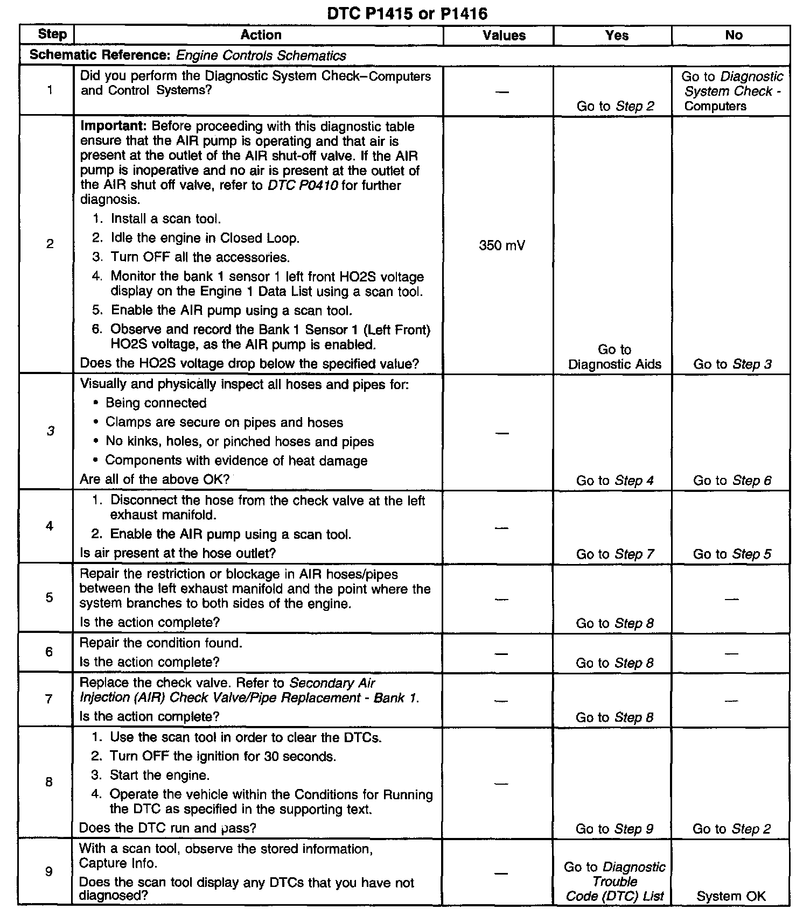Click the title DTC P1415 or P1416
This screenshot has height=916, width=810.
pyautogui.click(x=407, y=13)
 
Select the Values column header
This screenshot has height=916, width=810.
pyautogui.click(x=504, y=36)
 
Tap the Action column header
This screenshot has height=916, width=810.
pyautogui.click(x=261, y=36)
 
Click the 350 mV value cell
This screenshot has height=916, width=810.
pyautogui.click(x=502, y=246)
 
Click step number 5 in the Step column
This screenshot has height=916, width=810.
pyautogui.click(x=50, y=597)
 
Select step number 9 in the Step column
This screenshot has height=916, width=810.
pyautogui.click(x=49, y=871)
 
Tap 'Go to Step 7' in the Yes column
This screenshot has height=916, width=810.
pyautogui.click(x=615, y=554)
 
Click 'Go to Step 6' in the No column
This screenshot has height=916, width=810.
pyautogui.click(x=732, y=481)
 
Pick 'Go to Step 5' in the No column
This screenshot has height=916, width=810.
pyautogui.click(x=732, y=554)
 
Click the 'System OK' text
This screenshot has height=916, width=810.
pyautogui.click(x=731, y=896)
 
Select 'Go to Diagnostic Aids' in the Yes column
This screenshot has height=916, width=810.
pyautogui.click(x=615, y=357)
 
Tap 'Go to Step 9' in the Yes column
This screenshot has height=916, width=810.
pyautogui.click(x=615, y=829)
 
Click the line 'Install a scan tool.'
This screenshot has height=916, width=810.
pyautogui.click(x=166, y=219)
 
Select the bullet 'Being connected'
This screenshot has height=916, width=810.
pyautogui.click(x=156, y=403)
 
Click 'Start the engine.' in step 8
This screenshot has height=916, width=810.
pyautogui.click(x=159, y=776)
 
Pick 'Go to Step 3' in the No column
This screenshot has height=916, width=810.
pyautogui.click(x=732, y=364)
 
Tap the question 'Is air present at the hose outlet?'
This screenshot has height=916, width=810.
pyautogui.click(x=178, y=553)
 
